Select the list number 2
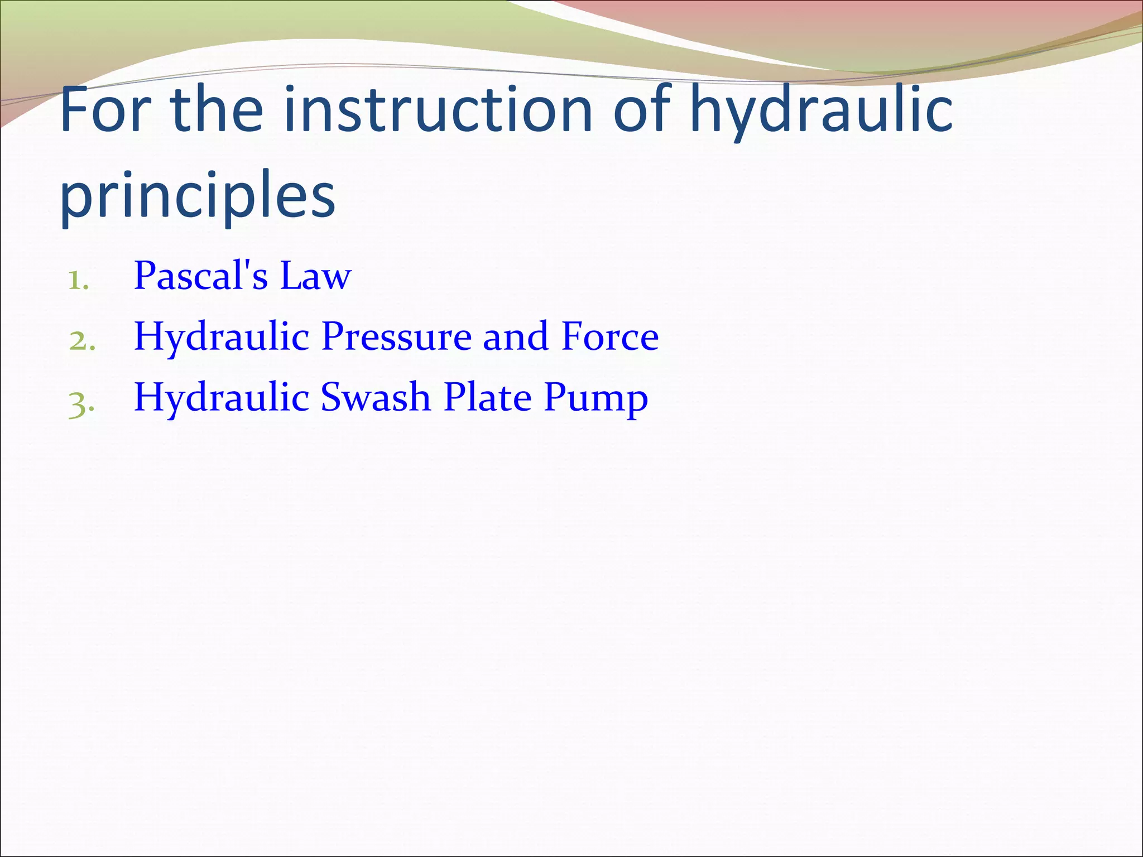pos(81,341)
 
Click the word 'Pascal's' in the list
pos(201,276)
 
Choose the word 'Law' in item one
pos(315,276)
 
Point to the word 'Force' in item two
pos(610,336)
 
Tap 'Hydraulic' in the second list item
pos(222,338)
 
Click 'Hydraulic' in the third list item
pos(222,398)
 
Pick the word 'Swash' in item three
pos(376,397)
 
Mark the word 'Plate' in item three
pos(487,397)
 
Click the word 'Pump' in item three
pos(595,398)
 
